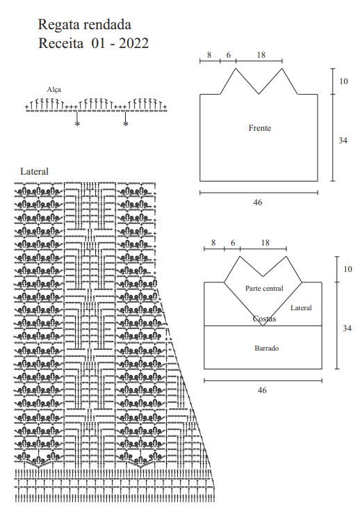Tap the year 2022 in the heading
(133, 43)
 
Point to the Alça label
(54, 90)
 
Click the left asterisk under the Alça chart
(77, 124)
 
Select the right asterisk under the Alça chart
(126, 124)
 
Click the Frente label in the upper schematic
(259, 128)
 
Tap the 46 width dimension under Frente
(258, 202)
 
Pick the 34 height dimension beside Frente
(343, 141)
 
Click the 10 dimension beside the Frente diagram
(344, 81)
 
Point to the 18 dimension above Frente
(261, 55)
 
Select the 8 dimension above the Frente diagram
(209, 55)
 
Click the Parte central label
(264, 288)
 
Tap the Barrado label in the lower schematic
(266, 348)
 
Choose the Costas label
(265, 319)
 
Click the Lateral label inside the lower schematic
(301, 307)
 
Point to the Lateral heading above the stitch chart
(34, 171)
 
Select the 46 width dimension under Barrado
(262, 390)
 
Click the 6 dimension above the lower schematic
(233, 243)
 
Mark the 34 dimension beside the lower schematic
(347, 328)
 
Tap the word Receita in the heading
(61, 43)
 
